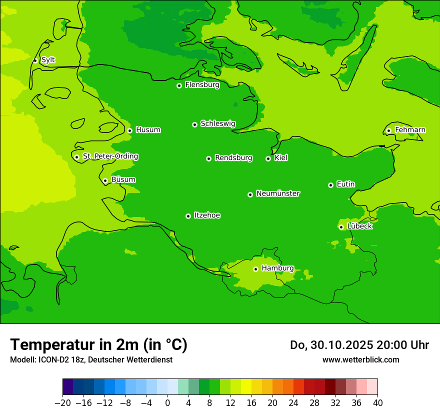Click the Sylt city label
click(48, 60)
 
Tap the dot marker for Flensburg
click(179, 85)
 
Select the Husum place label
click(148, 130)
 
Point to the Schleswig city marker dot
click(194, 124)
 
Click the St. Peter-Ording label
click(110, 156)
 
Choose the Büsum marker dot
click(105, 180)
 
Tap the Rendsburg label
click(233, 158)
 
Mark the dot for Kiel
click(268, 158)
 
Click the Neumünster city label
click(278, 193)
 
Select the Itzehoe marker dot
click(188, 216)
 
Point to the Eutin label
click(345, 184)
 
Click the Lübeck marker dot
click(341, 227)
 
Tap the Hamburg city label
click(278, 268)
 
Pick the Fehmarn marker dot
click(388, 130)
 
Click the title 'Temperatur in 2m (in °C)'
click(98, 344)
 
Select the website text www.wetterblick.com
click(360, 359)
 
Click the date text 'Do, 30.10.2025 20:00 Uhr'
click(359, 345)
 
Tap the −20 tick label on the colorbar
click(62, 403)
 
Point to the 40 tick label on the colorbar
click(377, 403)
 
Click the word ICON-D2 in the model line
click(52, 360)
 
